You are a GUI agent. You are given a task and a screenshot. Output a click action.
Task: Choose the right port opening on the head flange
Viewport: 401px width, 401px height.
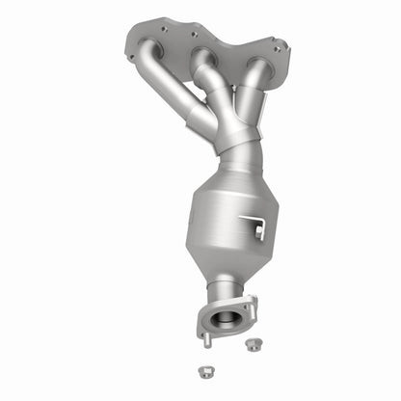click(258, 63)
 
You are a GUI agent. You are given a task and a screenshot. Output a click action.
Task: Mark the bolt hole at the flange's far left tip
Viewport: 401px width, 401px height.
click(131, 57)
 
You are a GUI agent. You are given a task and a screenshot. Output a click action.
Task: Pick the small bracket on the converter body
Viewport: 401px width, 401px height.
click(257, 227)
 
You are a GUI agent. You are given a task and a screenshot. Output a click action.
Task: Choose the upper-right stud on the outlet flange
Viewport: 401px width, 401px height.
click(253, 301)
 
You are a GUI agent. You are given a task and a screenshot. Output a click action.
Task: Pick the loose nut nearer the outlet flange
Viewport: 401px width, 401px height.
click(254, 343)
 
